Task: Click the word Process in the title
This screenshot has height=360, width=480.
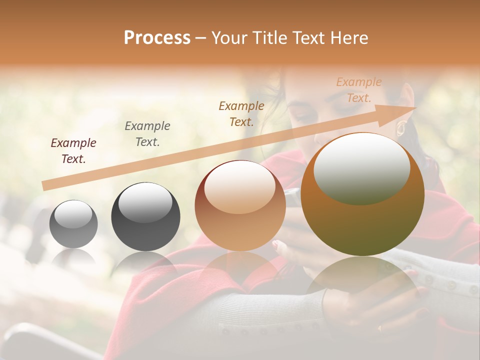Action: click(x=157, y=38)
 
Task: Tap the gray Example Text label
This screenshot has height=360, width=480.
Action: click(x=147, y=134)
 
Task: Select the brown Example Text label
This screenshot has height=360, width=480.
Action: click(x=241, y=113)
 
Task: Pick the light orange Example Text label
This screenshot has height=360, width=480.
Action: click(x=359, y=90)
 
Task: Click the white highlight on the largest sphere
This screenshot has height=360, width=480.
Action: click(x=361, y=168)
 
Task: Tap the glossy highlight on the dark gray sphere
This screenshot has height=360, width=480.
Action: click(x=145, y=202)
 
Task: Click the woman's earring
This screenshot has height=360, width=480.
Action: click(x=400, y=128)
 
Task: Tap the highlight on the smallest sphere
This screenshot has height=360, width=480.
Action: click(x=73, y=214)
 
